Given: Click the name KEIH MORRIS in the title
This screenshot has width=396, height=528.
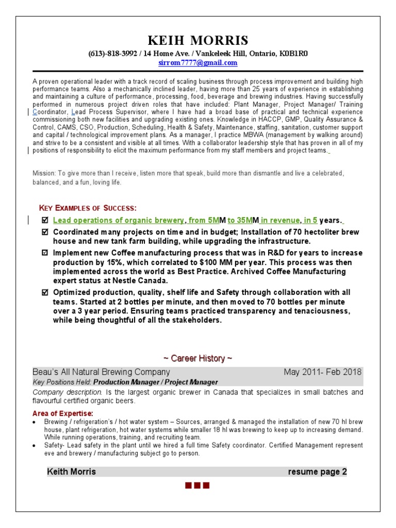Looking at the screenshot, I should point(198,40).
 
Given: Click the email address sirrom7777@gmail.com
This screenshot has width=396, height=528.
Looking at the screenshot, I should point(198,63).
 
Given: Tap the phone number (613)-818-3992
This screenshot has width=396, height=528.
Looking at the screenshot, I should point(110,53).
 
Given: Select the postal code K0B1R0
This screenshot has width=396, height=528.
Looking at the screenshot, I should point(293,53).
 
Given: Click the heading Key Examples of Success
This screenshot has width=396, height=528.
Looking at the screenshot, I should point(88,208).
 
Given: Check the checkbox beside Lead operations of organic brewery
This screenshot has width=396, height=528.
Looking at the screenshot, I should point(44,221).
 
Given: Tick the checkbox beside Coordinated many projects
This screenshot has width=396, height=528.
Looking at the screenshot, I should point(44,233).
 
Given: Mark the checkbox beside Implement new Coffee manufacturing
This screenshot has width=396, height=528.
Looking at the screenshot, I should point(44,253).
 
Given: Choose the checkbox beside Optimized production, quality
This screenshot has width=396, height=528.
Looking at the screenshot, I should point(44,292).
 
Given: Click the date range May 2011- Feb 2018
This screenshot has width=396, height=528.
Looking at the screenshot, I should point(323,372).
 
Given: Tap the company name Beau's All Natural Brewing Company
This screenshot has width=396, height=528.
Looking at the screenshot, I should point(101,372).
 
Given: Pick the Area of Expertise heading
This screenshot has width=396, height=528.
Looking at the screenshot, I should point(63,414).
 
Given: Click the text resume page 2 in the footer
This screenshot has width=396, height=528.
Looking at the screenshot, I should point(317,472).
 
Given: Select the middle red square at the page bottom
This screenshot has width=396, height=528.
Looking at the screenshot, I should point(198,486).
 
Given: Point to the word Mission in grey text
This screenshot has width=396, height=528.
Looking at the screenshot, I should point(43,174).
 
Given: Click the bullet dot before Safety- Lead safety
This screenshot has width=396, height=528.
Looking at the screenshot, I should point(35,445).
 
